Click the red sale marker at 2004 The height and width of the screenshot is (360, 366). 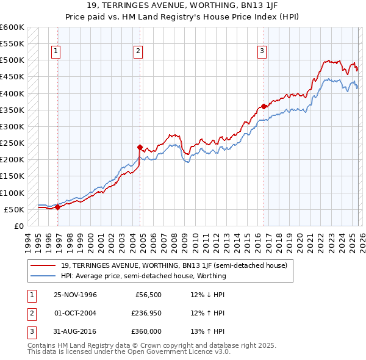(x=140, y=147)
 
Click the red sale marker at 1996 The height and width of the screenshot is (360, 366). (x=57, y=207)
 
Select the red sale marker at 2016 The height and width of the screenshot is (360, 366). (x=264, y=106)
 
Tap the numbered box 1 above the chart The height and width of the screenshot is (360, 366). (x=56, y=51)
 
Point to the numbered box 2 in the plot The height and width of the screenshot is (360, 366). (x=138, y=51)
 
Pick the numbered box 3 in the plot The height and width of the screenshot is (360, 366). (x=262, y=51)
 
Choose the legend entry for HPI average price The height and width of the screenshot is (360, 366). (x=143, y=276)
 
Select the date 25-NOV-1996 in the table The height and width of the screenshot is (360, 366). (x=75, y=295)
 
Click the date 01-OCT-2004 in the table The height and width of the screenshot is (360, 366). (x=75, y=313)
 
